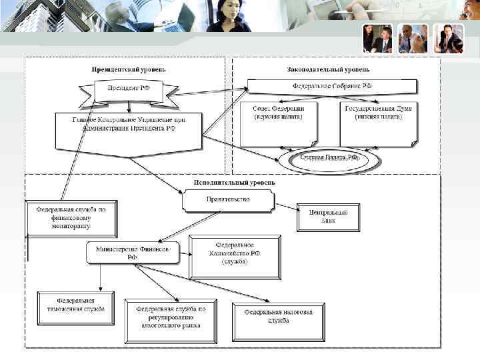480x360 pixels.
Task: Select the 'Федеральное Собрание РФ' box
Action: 333,87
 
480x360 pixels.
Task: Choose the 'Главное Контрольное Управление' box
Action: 128,129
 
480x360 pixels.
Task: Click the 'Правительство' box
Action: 227,199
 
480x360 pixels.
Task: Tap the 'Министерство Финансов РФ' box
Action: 133,252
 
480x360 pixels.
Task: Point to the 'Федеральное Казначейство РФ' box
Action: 235,255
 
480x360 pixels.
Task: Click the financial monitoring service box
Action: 71,217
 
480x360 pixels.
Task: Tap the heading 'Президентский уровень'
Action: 129,69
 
